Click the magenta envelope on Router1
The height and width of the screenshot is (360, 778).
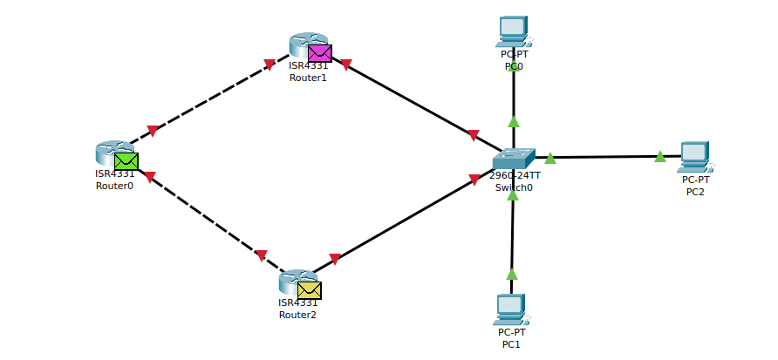coord(319,53)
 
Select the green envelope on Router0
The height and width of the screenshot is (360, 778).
coord(126,161)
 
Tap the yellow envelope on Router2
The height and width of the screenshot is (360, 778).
coord(309,290)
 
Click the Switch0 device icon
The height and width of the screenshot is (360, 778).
coord(513,159)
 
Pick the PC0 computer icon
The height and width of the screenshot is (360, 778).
coord(513,31)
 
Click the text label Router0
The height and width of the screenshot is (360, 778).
coord(114,185)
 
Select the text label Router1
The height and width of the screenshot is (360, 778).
coord(308,78)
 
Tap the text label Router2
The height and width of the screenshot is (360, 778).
coord(297,315)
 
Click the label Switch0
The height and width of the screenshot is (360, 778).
coord(514,187)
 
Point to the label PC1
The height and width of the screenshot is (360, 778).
coord(511,344)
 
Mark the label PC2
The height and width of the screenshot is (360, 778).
coord(695,192)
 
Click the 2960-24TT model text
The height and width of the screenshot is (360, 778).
coord(515,175)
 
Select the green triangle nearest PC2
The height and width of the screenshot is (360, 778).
coord(660,156)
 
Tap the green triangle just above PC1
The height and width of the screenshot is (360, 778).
coord(512,274)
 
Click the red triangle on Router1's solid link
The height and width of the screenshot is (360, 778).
coord(345,65)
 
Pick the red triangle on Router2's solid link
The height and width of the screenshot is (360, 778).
coord(335,259)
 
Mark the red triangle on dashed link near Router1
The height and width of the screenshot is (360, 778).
coord(270,64)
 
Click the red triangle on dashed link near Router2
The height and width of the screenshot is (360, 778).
coord(261,255)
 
